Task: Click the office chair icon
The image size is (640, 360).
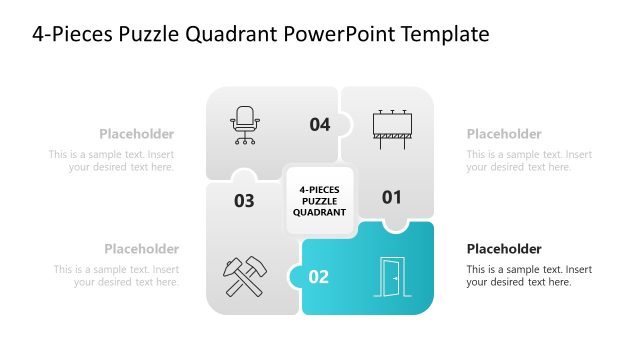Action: click(245, 124)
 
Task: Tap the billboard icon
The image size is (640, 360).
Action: click(392, 127)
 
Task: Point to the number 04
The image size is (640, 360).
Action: click(319, 125)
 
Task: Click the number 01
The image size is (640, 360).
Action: click(392, 197)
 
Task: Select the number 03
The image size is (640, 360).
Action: click(244, 201)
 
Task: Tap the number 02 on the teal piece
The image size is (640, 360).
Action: click(319, 277)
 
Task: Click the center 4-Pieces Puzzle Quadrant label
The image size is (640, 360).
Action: click(319, 200)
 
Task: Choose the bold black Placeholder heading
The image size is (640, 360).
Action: click(504, 249)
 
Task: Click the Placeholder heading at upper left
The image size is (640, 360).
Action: click(137, 134)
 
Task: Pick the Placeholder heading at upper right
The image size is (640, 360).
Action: click(504, 134)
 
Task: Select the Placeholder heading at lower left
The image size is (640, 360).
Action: click(142, 249)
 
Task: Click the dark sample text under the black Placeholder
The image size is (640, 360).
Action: click(529, 276)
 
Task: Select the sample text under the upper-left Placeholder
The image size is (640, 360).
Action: click(112, 161)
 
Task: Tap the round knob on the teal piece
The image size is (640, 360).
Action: click(296, 278)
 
